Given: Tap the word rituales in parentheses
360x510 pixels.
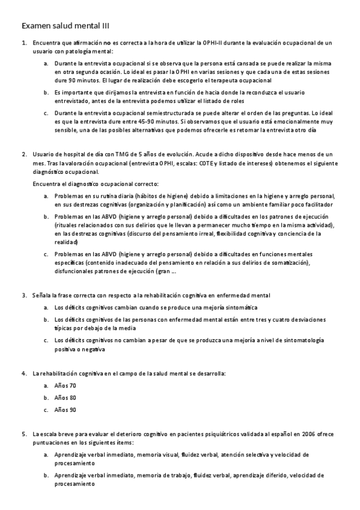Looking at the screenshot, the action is [67, 225].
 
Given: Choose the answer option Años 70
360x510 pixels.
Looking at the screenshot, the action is [65, 386].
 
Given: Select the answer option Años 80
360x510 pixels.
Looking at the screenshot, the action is [65, 398].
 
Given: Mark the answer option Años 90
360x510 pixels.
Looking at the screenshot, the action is [65, 410].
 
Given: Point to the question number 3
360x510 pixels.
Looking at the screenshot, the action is [24, 295].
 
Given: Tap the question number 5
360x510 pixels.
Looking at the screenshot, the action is [24, 433].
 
